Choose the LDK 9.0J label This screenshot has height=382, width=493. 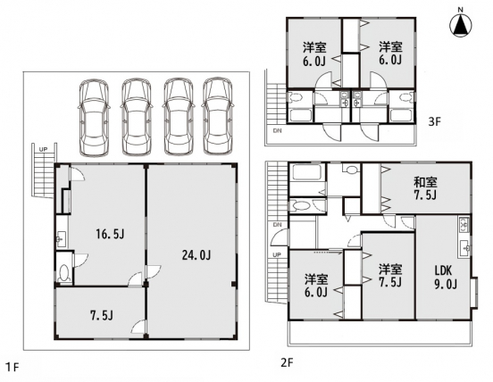(447, 278)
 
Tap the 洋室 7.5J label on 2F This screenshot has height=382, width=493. (389, 276)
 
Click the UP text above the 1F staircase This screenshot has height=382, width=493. (43, 148)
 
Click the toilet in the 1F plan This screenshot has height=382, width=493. (63, 270)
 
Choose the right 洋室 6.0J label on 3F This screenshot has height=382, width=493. (388, 53)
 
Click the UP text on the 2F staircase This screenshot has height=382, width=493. (276, 255)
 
